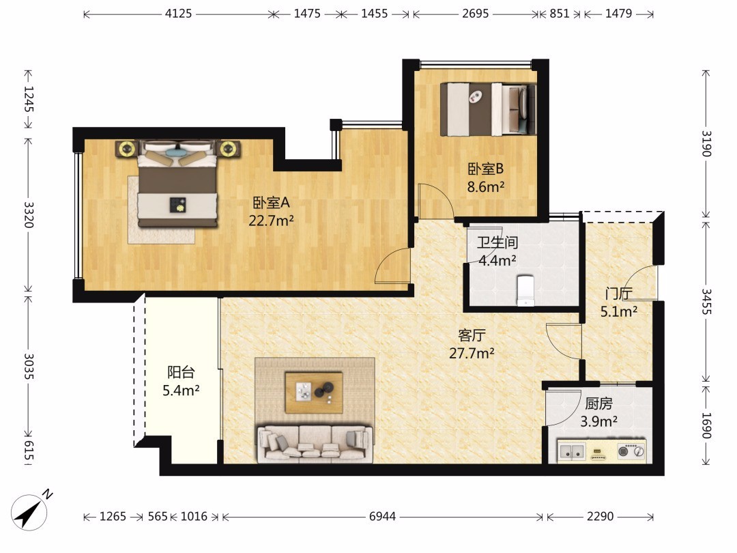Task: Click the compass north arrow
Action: pyautogui.click(x=30, y=511)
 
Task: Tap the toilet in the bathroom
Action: pyautogui.click(x=525, y=291)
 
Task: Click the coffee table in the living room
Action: pyautogui.click(x=314, y=393)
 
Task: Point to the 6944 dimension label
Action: pyautogui.click(x=382, y=516)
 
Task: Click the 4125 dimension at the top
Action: pyautogui.click(x=178, y=14)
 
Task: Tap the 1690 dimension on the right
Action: pyautogui.click(x=706, y=425)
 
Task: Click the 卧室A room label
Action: pyautogui.click(x=271, y=203)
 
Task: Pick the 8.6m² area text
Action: pyautogui.click(x=486, y=186)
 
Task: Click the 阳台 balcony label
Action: pyautogui.click(x=181, y=373)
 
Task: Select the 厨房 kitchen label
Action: pyautogui.click(x=599, y=403)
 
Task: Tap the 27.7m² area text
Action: pyautogui.click(x=472, y=353)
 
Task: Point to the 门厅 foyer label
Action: pyautogui.click(x=618, y=294)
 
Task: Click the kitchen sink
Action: pyautogui.click(x=572, y=452)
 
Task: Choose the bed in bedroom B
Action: pyautogui.click(x=489, y=109)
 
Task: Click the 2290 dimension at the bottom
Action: pyautogui.click(x=601, y=516)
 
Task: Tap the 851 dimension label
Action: pyautogui.click(x=560, y=14)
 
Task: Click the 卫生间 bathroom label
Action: pyautogui.click(x=497, y=242)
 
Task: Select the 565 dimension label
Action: pyautogui.click(x=158, y=516)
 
